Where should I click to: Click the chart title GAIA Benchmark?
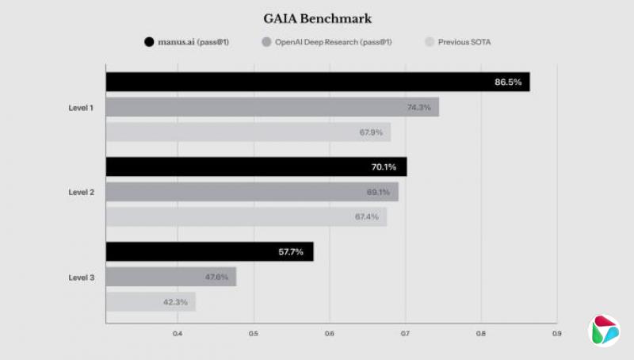point(317,18)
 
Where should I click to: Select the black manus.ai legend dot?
point(148,41)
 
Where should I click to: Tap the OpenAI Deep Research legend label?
point(334,41)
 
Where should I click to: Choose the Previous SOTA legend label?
point(464,41)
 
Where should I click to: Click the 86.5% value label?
point(508,82)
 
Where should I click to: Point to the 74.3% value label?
point(418,107)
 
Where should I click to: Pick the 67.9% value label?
point(371,132)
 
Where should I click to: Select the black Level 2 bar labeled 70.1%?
point(256,167)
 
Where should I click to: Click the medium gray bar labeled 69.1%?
point(252,192)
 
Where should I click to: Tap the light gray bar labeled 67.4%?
point(246,216)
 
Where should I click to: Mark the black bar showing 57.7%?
point(209,251)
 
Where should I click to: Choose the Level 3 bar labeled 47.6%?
point(170,277)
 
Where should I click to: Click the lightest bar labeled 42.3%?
point(151,301)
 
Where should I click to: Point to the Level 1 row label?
point(82,107)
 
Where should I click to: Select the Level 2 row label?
point(82,192)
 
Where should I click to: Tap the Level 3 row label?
point(82,277)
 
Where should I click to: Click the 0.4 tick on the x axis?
point(178,333)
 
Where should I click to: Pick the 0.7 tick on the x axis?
point(405,333)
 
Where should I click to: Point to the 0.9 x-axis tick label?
point(556,333)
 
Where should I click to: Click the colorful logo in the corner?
point(605,331)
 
